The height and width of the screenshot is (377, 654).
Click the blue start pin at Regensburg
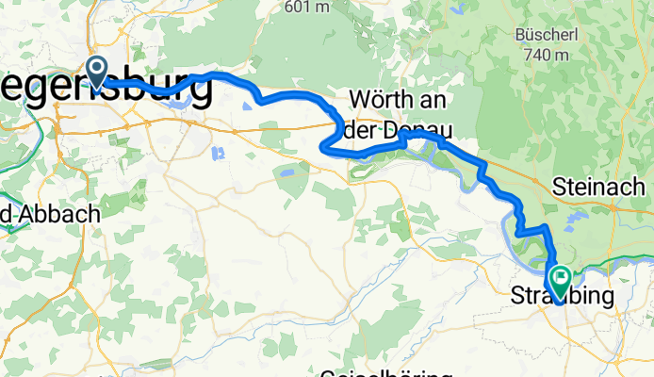tap(96, 68)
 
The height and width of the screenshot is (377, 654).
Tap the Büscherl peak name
tap(542, 35)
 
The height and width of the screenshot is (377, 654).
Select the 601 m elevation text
tap(307, 7)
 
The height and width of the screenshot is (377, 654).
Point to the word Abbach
tap(60, 215)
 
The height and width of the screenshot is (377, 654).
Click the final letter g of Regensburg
tap(198, 91)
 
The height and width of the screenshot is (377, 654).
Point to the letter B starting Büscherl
tap(521, 35)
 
